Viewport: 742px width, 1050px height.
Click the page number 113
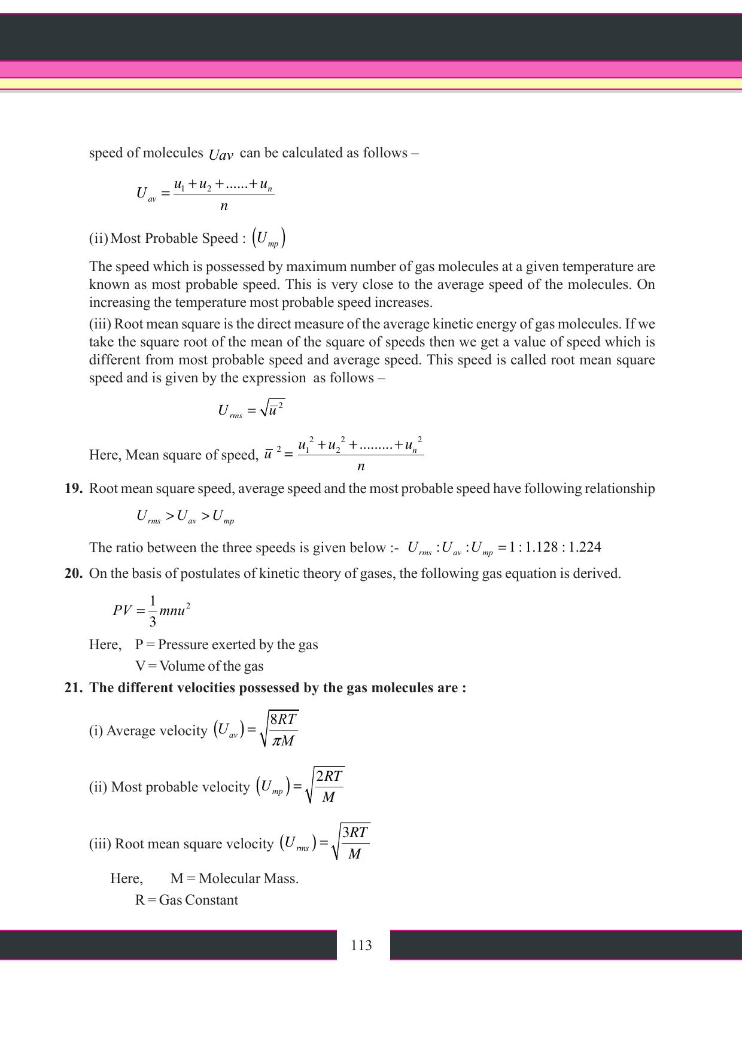click(x=361, y=945)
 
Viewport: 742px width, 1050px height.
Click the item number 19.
click(x=73, y=489)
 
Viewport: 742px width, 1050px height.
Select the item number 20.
click(x=73, y=574)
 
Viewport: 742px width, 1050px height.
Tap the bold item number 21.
click(x=73, y=688)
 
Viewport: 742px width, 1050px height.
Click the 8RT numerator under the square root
click(x=283, y=720)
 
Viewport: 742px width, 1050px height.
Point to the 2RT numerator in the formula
click(x=329, y=776)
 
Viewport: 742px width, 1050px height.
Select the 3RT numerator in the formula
click(x=355, y=832)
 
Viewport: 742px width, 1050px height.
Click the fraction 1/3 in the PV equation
click(x=153, y=611)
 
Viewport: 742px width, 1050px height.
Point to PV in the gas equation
click(x=122, y=611)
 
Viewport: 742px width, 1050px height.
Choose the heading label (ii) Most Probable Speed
click(x=168, y=239)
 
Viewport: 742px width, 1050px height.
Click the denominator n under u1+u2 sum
click(x=224, y=206)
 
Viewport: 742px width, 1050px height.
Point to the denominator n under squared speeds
click(x=361, y=467)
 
